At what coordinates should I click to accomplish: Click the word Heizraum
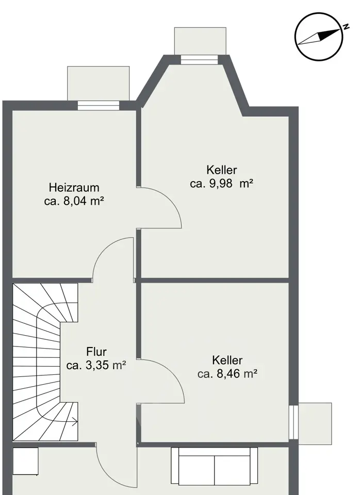(x=74, y=188)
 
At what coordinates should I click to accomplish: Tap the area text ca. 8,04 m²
(x=74, y=201)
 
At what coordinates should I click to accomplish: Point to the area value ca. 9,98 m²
(x=222, y=184)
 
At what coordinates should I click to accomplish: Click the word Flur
(x=96, y=351)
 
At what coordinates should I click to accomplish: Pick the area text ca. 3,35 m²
(x=96, y=365)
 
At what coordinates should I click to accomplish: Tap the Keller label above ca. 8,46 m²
(x=227, y=360)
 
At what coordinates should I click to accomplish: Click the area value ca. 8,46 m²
(x=227, y=374)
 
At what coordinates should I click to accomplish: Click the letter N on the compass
(x=347, y=26)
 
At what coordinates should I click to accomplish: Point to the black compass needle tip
(x=340, y=30)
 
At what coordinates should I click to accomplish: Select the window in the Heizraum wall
(x=99, y=105)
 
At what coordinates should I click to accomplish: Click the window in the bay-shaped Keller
(x=200, y=60)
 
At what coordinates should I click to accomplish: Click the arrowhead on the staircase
(x=76, y=421)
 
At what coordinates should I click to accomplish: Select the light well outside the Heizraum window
(x=98, y=84)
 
